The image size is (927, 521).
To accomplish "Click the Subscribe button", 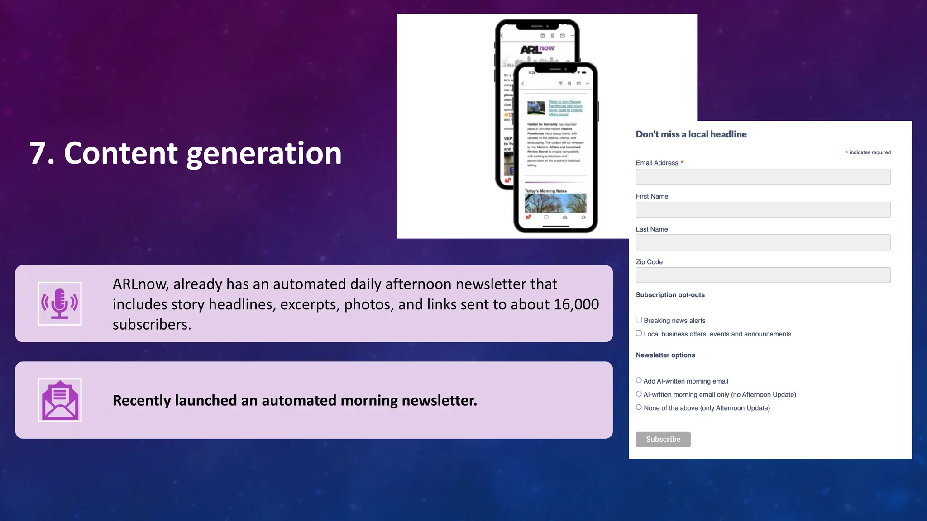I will [663, 439].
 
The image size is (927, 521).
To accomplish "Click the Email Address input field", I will [763, 176].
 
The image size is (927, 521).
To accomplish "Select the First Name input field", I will [763, 209].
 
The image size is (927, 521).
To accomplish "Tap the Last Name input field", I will [763, 242].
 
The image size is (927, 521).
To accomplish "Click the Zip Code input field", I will [763, 275].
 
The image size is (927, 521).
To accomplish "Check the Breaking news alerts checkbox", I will [639, 320].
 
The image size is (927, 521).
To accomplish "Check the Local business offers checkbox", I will [639, 333].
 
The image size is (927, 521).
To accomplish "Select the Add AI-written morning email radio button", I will [639, 380].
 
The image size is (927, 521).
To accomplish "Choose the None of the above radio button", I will [639, 407].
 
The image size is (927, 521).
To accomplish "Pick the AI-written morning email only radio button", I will [639, 394].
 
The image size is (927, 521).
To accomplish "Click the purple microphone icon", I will [60, 303].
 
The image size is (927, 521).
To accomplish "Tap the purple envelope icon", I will [60, 400].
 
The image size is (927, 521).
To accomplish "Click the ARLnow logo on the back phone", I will [537, 49].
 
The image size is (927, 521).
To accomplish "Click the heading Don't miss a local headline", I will [691, 134].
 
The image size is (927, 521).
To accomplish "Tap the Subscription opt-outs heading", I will [670, 295].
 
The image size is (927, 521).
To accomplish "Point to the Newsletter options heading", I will [665, 355].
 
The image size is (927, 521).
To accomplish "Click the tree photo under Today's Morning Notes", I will [555, 203].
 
